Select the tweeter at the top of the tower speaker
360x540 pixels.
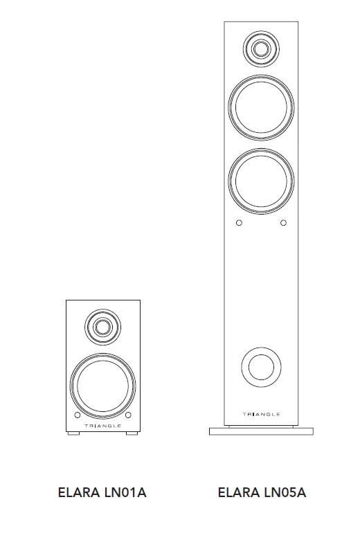tap(261, 48)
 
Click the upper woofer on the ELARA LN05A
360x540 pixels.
tap(261, 107)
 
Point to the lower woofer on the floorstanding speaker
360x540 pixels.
tap(261, 180)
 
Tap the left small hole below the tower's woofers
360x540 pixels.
tap(239, 223)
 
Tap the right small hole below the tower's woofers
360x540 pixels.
tap(283, 223)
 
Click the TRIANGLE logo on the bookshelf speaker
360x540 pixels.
tap(102, 426)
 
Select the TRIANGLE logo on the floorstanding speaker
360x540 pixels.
tap(261, 414)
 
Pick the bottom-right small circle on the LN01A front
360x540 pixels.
tap(128, 415)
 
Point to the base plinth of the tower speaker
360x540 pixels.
tap(261, 431)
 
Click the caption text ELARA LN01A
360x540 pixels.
tap(102, 493)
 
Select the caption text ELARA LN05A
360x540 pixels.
tap(262, 493)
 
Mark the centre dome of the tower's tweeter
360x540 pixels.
tap(261, 48)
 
